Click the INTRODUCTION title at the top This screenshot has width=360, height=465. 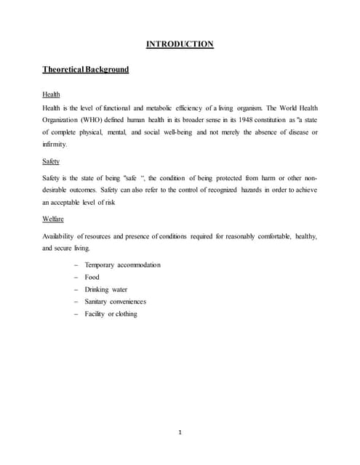(x=180, y=44)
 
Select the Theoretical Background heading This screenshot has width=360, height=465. (x=86, y=70)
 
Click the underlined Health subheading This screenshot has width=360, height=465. (x=51, y=95)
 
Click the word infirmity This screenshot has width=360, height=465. (x=57, y=145)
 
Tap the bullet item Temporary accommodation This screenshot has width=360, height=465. (x=122, y=264)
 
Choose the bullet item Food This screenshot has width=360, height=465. (x=92, y=277)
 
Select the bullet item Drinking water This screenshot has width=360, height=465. (x=107, y=289)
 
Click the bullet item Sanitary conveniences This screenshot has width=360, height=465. (x=115, y=302)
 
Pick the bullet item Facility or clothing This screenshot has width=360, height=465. (x=111, y=314)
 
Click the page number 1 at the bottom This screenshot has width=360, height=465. (x=180, y=433)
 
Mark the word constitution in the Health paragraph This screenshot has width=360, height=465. (x=274, y=120)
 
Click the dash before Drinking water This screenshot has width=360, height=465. (x=76, y=289)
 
